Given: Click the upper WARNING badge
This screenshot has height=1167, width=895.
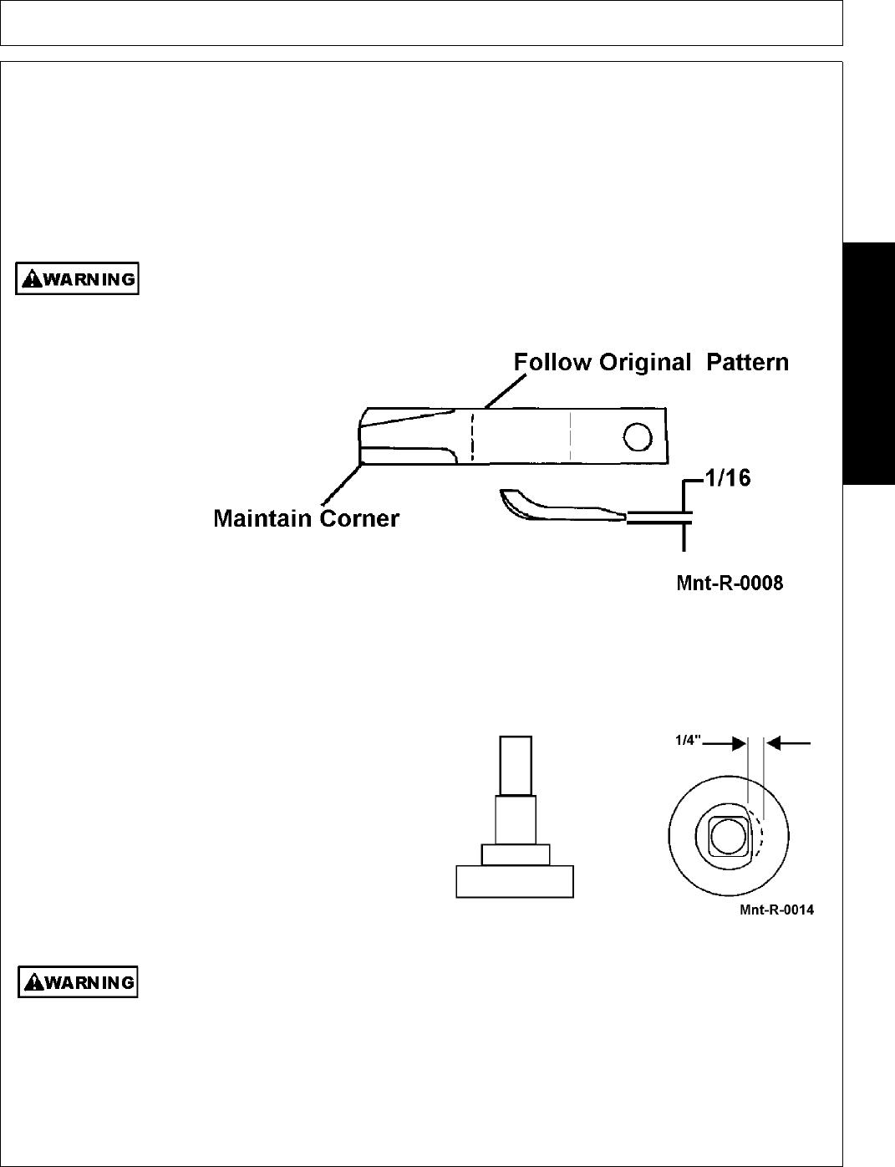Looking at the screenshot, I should click(77, 279).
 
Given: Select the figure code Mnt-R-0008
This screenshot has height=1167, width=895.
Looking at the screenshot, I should click(729, 583).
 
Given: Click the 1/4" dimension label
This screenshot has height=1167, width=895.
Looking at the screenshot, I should click(689, 740).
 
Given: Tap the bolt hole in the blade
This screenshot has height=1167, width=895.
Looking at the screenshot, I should click(637, 436).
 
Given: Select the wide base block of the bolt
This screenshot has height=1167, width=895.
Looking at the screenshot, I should click(514, 882).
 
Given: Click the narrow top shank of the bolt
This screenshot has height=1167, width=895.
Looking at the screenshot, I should click(515, 765).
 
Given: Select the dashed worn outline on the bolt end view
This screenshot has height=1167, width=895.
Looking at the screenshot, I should click(759, 836).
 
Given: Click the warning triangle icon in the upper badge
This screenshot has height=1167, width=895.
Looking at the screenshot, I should click(31, 279).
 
